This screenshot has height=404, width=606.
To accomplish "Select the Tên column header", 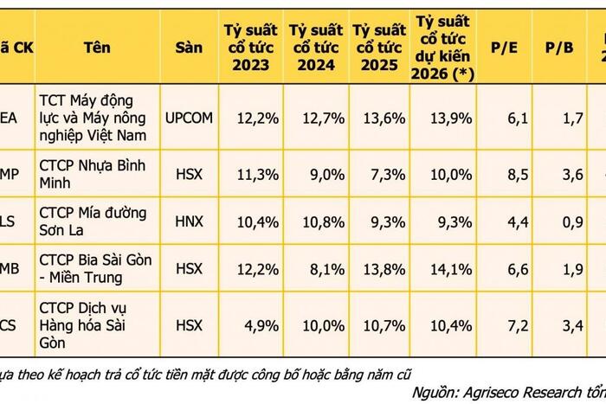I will pos(97,47).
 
